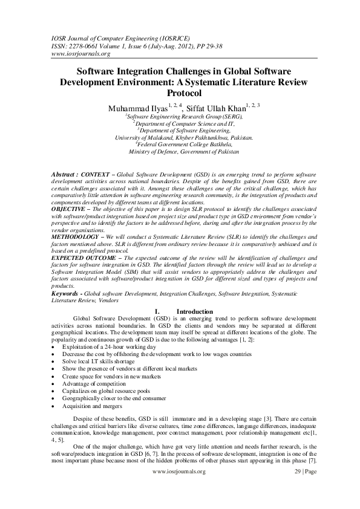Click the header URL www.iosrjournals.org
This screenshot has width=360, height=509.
(x=72, y=53)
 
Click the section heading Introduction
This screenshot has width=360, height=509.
(x=194, y=311)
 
